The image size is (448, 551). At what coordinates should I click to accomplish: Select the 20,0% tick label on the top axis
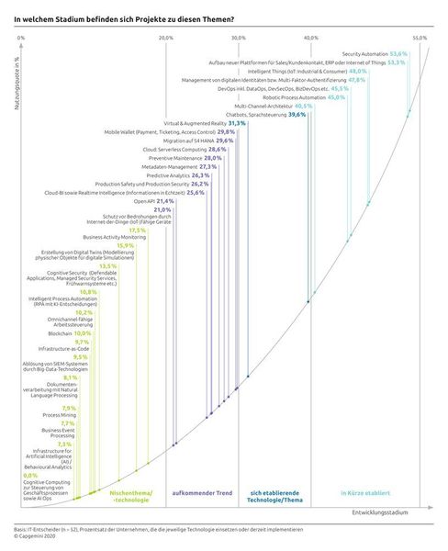pos(166,38)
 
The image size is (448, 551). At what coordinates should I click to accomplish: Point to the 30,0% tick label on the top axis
pos(239,38)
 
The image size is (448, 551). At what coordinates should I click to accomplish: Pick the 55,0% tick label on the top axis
pos(420,38)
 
